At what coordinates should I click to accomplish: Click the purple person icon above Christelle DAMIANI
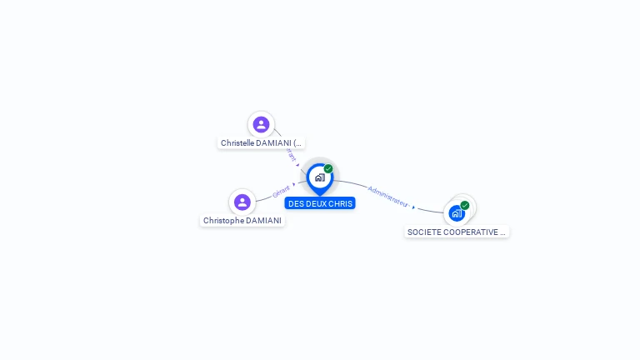261,124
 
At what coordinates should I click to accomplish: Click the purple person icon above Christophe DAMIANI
242,202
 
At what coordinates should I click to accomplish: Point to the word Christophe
224,221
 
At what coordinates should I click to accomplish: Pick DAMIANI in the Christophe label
264,221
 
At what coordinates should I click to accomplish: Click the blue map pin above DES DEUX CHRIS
319,177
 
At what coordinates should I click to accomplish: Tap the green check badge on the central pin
328,168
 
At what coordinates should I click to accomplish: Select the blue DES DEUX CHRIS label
320,203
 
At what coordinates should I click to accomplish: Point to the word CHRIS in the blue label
342,203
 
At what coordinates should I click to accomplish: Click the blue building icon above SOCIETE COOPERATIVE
457,212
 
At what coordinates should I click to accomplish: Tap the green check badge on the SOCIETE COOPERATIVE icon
465,205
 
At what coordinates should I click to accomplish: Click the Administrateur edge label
388,196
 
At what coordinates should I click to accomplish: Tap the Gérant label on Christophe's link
282,192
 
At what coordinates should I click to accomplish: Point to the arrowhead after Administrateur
413,207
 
